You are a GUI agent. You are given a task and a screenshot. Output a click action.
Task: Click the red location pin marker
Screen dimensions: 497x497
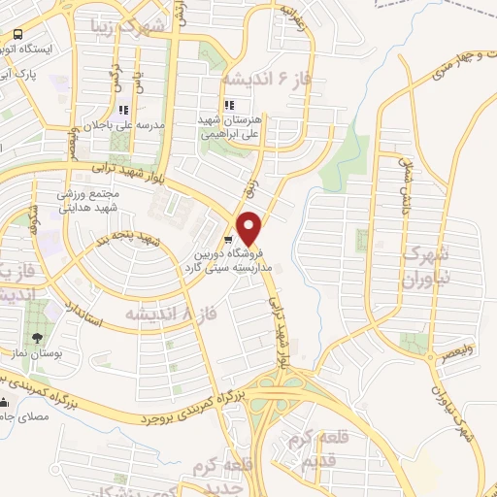coord(251,228)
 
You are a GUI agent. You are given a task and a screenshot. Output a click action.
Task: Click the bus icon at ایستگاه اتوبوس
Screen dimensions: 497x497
coord(17,34)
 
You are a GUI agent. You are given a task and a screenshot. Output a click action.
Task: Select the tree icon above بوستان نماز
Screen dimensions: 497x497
coord(37,338)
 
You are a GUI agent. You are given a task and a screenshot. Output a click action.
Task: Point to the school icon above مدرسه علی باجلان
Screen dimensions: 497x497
coord(123,111)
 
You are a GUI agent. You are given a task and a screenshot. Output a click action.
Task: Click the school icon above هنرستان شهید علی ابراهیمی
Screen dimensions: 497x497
coord(228,105)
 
